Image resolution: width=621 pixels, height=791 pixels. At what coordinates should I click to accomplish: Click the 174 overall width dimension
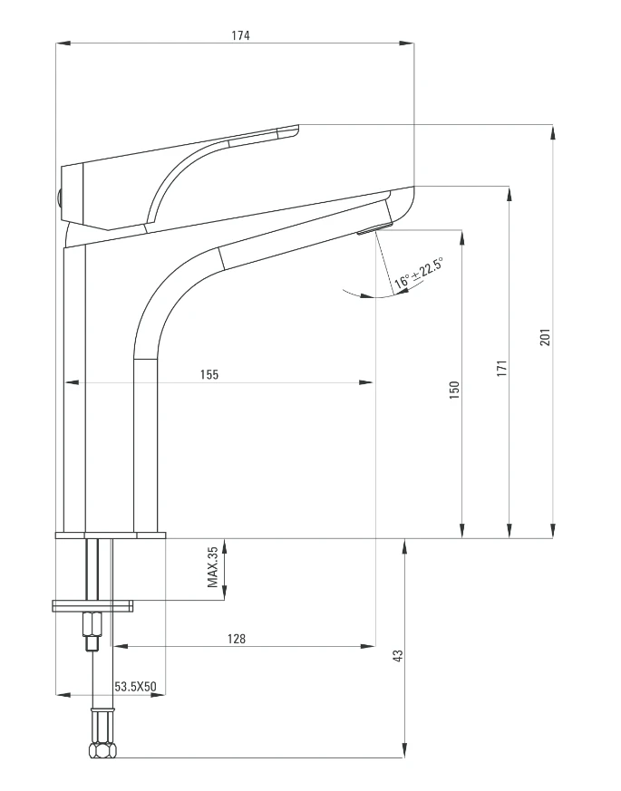point(239,35)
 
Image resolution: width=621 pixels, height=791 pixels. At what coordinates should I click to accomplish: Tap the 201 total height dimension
point(544,336)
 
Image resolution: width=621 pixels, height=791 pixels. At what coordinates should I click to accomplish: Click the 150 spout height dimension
point(455,388)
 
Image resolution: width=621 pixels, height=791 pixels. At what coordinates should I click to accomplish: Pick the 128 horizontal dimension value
point(236,638)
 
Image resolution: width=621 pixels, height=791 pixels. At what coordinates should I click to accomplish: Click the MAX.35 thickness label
point(214,567)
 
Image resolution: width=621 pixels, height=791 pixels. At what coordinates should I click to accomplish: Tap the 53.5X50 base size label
point(135,687)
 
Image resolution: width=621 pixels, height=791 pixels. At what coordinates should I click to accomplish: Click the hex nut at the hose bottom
point(102,750)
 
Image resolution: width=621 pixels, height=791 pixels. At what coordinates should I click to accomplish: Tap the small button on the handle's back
point(59,198)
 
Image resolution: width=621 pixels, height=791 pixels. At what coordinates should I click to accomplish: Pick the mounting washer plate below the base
point(93,604)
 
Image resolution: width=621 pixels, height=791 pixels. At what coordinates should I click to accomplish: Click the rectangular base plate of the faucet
point(112,535)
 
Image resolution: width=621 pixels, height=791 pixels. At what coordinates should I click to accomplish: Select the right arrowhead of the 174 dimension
point(408,43)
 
